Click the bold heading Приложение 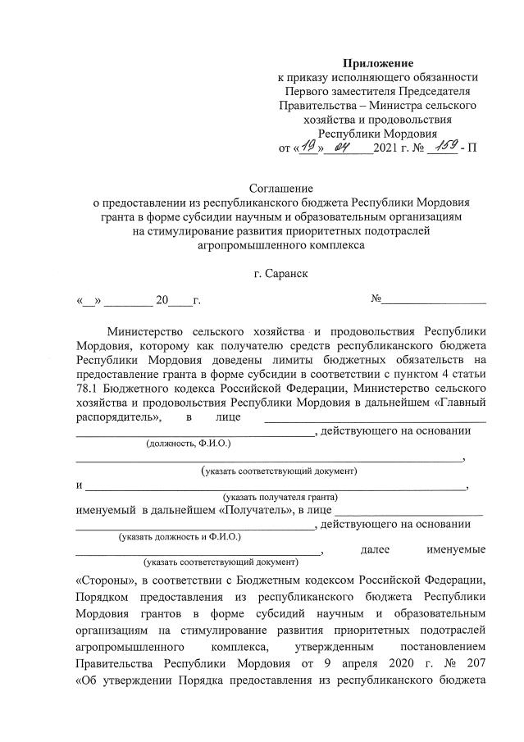(x=378, y=63)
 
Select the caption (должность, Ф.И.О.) (x=188, y=444)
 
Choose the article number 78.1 (x=89, y=388)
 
